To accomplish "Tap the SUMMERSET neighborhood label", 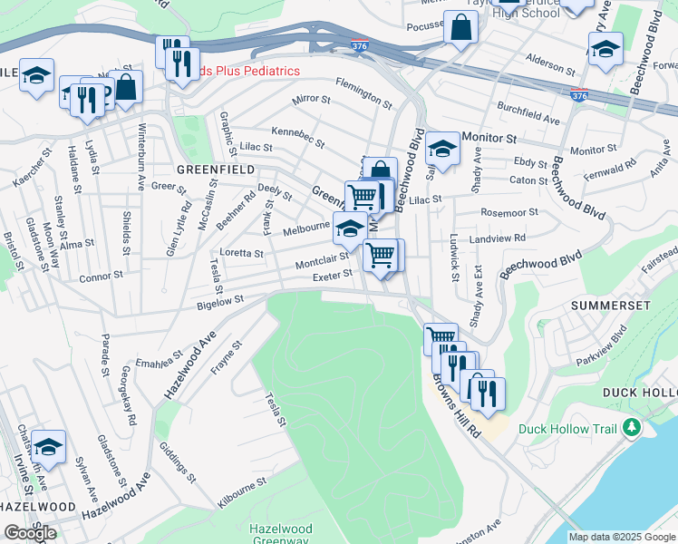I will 611,306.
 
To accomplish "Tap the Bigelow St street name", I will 221,299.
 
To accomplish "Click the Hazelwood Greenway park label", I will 281,535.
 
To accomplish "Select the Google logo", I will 30,532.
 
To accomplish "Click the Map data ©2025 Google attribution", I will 622,537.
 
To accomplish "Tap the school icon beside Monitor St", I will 442,147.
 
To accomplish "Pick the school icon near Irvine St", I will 48,445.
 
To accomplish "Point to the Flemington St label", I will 363,92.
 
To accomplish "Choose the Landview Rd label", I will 498,238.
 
